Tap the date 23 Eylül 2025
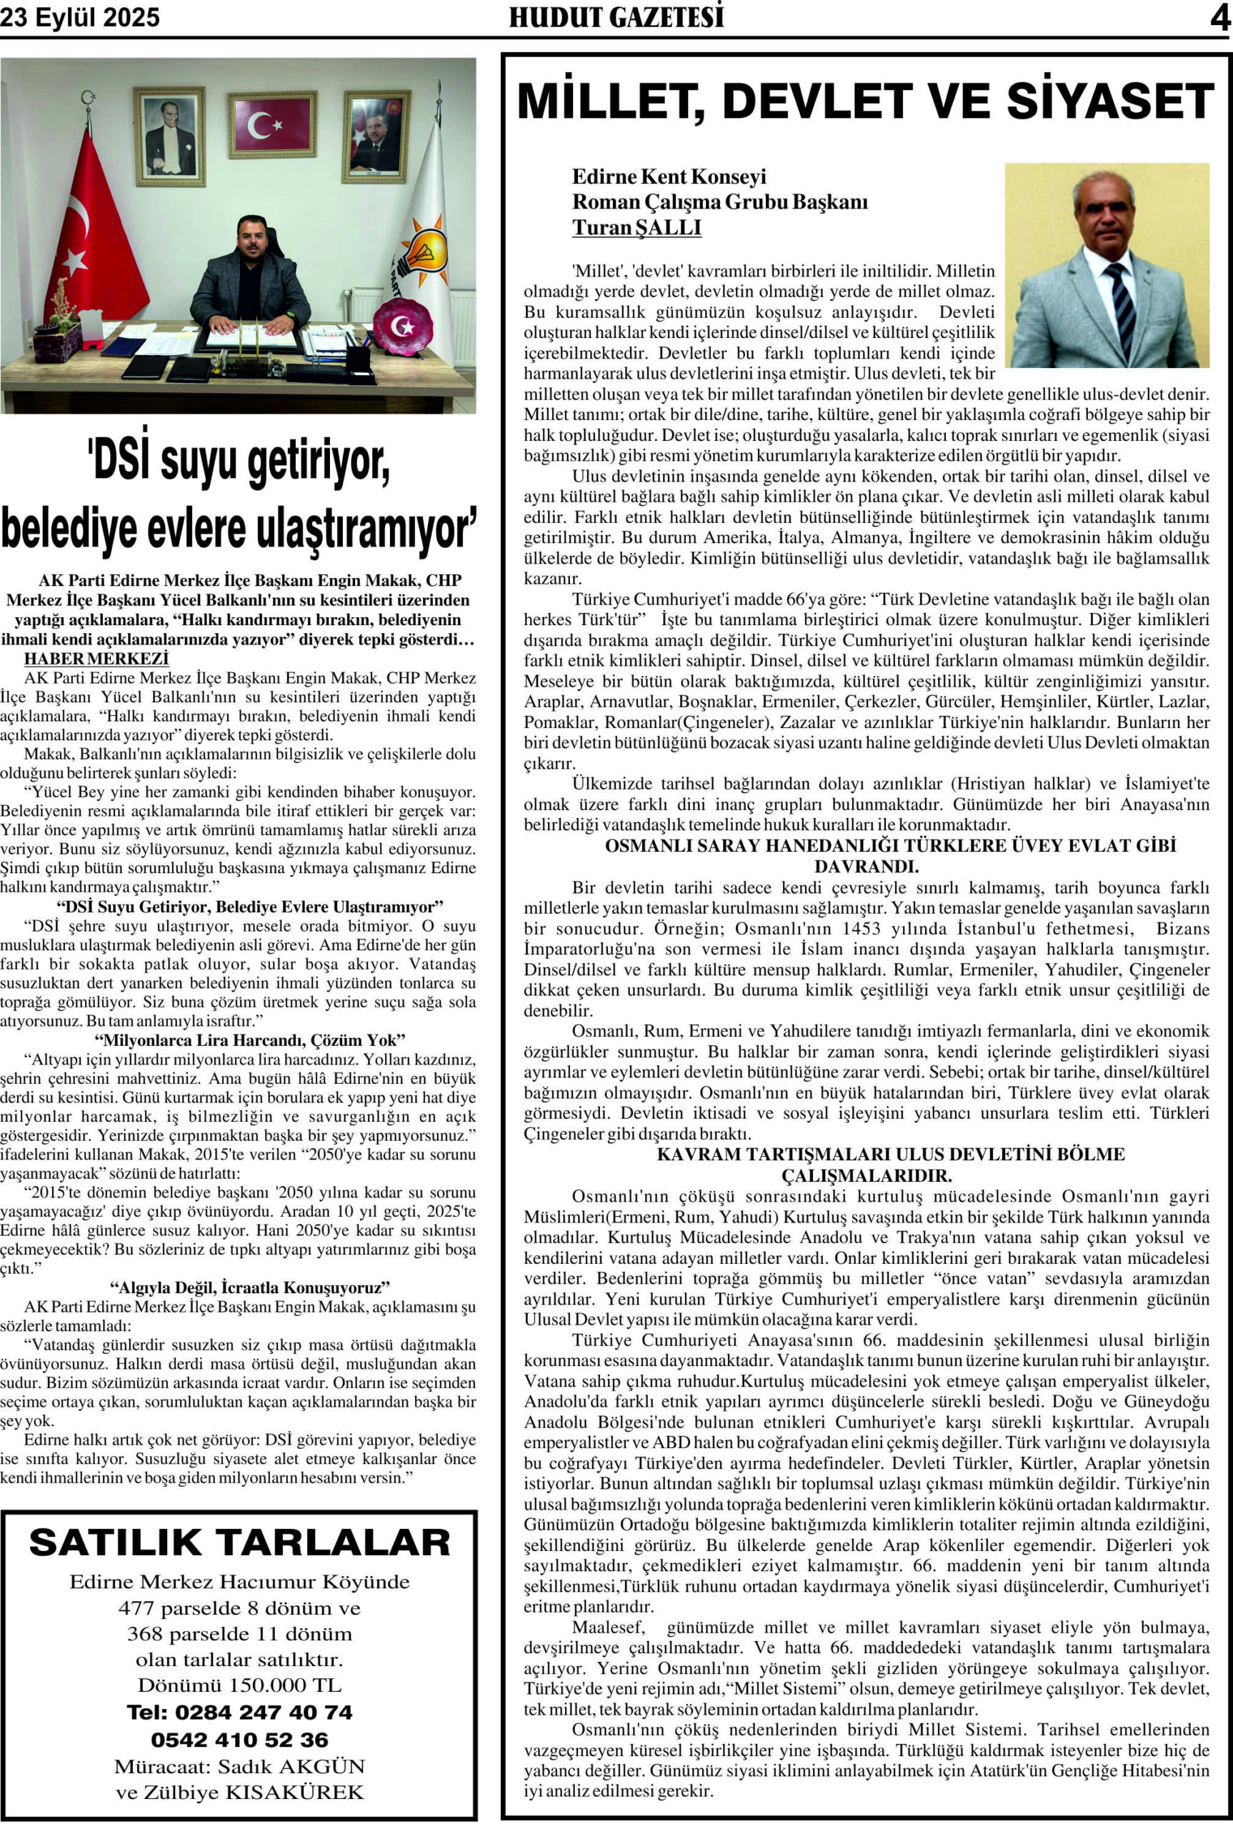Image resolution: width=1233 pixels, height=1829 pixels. point(79,18)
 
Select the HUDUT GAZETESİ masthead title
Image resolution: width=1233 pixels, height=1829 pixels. point(616,17)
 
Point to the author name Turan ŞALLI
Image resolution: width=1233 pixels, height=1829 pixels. point(637,228)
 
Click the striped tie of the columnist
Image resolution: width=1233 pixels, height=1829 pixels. point(1119,307)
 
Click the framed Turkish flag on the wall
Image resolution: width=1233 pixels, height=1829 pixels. point(272,124)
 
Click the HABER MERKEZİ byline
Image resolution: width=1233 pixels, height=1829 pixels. point(96,658)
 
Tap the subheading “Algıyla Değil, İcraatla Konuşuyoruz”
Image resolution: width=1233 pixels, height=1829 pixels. point(250,1287)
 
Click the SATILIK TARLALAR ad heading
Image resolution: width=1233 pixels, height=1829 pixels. point(240,1543)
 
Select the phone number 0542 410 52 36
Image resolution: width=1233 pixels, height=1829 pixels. point(240,1740)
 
